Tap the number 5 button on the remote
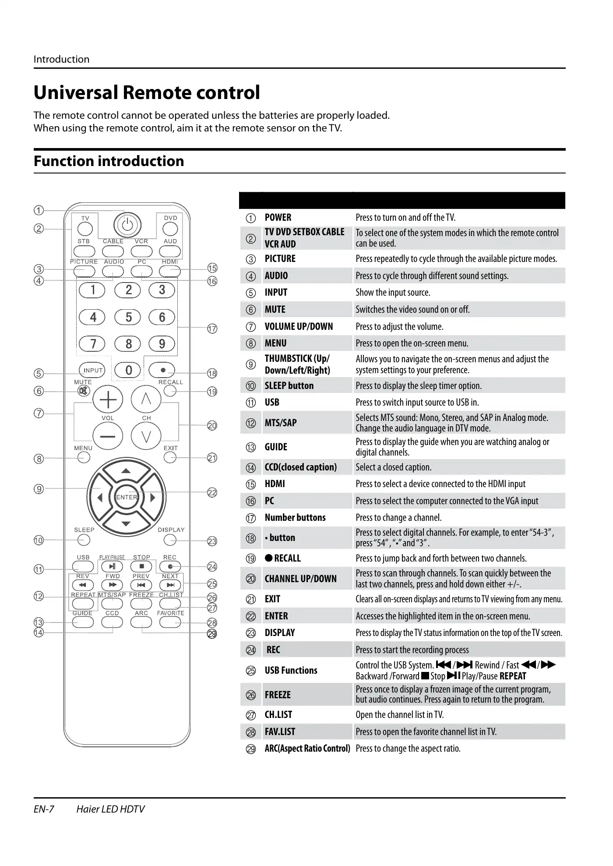click(128, 317)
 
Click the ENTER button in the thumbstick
click(127, 497)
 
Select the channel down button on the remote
click(146, 436)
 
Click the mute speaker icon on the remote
click(82, 391)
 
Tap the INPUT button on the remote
click(92, 370)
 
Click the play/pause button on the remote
click(113, 566)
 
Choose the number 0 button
click(128, 371)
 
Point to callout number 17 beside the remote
click(212, 329)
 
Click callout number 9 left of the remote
click(39, 489)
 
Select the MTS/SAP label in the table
click(281, 423)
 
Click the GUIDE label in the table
click(276, 447)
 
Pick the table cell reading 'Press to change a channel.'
click(398, 518)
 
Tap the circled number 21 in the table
click(251, 599)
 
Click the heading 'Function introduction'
click(109, 161)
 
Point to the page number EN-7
click(44, 809)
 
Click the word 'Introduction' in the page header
click(61, 59)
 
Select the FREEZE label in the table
click(278, 695)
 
